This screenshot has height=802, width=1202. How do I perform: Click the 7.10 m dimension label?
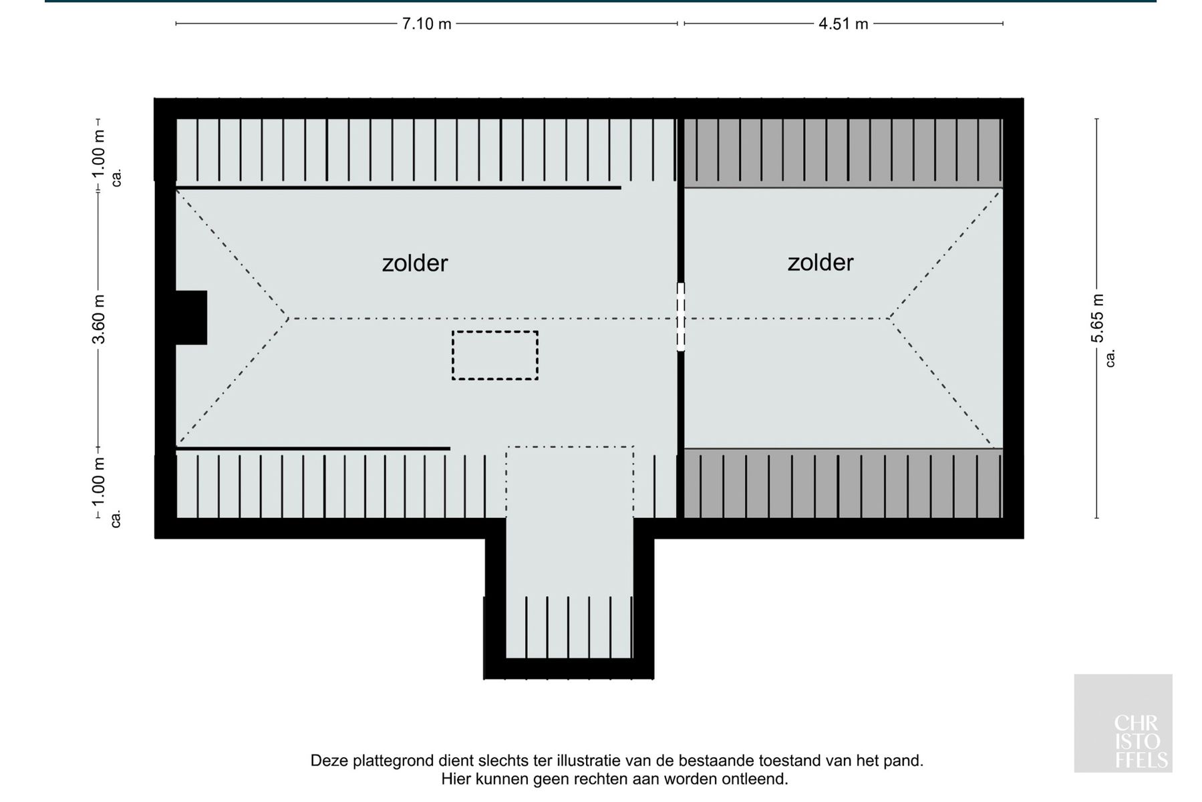point(426,24)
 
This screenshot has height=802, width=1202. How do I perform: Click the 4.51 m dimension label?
point(843,24)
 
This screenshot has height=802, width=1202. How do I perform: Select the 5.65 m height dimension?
point(1097,318)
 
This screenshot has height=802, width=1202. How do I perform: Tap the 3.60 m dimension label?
point(99,319)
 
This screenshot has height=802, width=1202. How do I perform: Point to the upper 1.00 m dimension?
point(99,153)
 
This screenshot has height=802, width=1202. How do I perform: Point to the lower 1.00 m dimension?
point(99,481)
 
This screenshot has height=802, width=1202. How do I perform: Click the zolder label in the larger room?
point(414,263)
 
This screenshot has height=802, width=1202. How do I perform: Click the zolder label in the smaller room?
point(820,263)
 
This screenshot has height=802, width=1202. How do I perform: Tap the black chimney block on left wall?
point(191,317)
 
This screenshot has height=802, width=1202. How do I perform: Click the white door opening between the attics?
point(681,317)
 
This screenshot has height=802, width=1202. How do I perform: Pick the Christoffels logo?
point(1123,723)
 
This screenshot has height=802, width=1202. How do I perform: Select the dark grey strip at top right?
point(843,153)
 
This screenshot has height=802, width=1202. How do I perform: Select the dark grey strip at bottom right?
point(843,483)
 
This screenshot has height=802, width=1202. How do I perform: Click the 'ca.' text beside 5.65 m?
point(1110,358)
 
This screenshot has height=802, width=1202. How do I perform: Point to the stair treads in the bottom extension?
point(569,627)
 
